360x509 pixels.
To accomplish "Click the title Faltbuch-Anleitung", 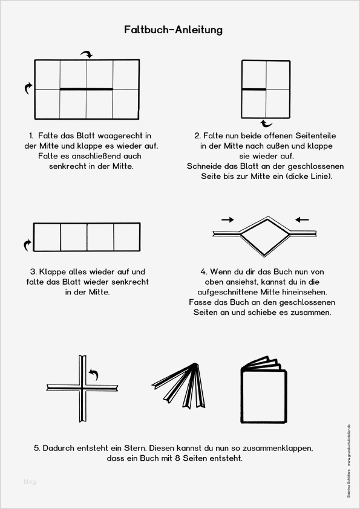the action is (173, 30).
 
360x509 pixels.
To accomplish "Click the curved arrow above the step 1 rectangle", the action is (87, 54).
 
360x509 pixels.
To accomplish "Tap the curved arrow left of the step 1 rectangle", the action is (28, 88).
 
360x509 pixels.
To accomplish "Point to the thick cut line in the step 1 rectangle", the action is (87, 89).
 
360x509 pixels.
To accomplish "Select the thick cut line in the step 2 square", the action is (254, 89).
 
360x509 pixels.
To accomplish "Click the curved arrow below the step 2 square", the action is (267, 123).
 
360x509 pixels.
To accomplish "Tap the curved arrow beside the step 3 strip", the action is (28, 245).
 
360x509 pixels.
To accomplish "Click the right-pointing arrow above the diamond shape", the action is (227, 220).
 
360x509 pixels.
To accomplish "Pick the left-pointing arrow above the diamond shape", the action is (302, 220).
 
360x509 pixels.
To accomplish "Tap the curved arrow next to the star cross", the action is (94, 374).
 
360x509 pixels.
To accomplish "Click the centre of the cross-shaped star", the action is (82, 388).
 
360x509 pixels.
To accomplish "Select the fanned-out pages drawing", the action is (178, 385).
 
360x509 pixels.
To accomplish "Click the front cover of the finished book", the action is (264, 397).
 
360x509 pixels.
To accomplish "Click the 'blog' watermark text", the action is (30, 481).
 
